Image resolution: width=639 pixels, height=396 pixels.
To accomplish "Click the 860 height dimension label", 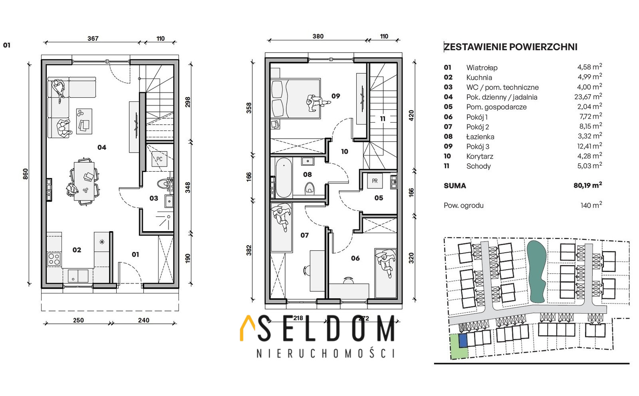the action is pyautogui.click(x=26, y=174).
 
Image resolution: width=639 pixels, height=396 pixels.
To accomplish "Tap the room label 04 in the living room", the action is pyautogui.click(x=102, y=147).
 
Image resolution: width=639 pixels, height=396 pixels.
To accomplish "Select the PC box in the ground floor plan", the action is pyautogui.click(x=159, y=159).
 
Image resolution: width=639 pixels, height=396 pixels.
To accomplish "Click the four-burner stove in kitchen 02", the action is pyautogui.click(x=54, y=259).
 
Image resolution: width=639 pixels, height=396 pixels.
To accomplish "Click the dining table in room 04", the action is pyautogui.click(x=84, y=181).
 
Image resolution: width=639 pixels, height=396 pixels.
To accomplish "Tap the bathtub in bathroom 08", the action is pyautogui.click(x=284, y=178).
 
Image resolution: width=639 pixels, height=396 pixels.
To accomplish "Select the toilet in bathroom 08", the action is pyautogui.click(x=310, y=188).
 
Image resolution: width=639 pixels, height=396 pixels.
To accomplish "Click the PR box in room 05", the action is pyautogui.click(x=375, y=181).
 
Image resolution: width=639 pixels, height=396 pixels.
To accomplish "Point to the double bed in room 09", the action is pyautogui.click(x=296, y=99).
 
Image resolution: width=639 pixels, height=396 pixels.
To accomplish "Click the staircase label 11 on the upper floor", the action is pyautogui.click(x=383, y=119).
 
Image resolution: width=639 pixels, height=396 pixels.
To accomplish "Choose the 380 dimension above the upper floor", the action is pyautogui.click(x=318, y=36).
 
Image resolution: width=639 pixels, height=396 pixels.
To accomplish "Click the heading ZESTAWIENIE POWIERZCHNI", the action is pyautogui.click(x=511, y=47).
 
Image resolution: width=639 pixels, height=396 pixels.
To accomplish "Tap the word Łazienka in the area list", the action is pyautogui.click(x=480, y=137).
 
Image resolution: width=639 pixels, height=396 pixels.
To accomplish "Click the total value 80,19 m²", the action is pyautogui.click(x=587, y=185).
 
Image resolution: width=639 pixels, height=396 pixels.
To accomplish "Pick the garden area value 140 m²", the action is pyautogui.click(x=591, y=205).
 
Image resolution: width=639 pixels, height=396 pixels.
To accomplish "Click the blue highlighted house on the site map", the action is pyautogui.click(x=463, y=341).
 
